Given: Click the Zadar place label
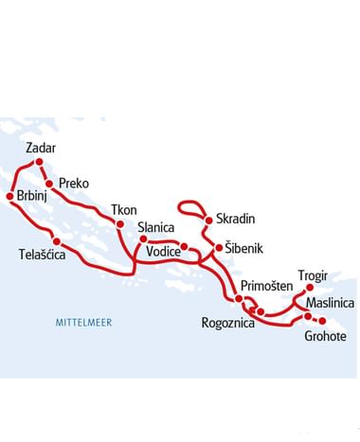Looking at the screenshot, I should [x=42, y=148].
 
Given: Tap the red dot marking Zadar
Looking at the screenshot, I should [x=39, y=162].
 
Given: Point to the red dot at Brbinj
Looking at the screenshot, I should [x=9, y=197].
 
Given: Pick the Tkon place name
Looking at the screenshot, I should [x=123, y=209].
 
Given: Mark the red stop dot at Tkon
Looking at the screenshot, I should [x=120, y=223].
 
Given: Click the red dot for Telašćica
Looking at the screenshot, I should [x=57, y=240].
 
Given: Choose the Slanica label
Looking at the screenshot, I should [x=156, y=227].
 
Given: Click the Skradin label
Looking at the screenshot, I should [x=236, y=219].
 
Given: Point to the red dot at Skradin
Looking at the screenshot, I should [x=207, y=218].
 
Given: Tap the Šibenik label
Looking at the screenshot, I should [x=243, y=249].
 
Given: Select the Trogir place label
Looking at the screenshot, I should [x=312, y=275].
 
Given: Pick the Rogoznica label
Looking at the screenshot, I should [x=227, y=323].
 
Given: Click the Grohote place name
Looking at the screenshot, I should [x=325, y=336].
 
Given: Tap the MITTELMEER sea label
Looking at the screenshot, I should [x=83, y=323].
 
